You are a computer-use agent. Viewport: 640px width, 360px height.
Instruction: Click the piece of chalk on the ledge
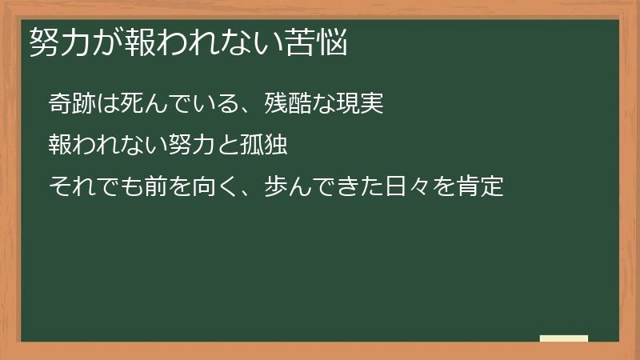[x=563, y=338]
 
